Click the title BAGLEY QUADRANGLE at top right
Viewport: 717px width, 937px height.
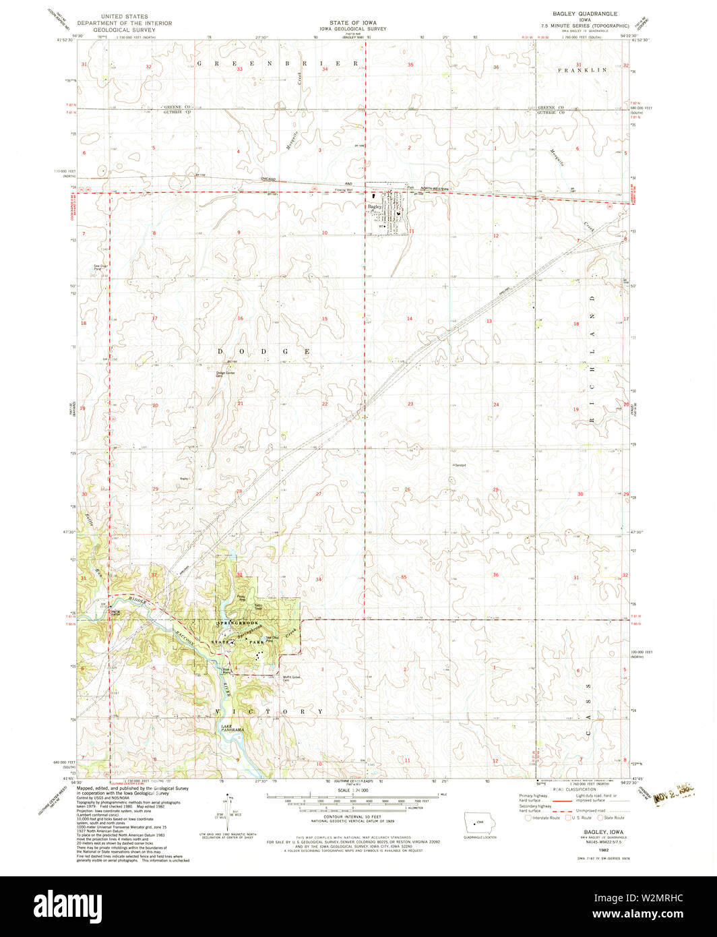[x=588, y=13]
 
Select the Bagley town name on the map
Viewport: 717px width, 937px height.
[x=375, y=206]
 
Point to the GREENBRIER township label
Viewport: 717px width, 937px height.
[x=277, y=62]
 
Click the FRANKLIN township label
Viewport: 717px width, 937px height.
[x=582, y=70]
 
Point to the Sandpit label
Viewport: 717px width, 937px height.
[x=460, y=465]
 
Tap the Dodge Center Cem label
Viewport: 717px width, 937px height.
[x=224, y=374]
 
